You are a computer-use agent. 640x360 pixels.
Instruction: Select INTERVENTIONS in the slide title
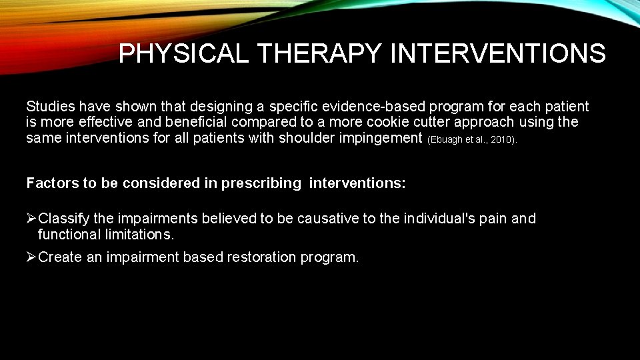(x=498, y=53)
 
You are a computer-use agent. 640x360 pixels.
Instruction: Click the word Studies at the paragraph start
(x=49, y=106)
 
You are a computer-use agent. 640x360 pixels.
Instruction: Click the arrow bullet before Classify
(x=31, y=219)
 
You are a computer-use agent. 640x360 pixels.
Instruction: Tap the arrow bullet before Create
(x=31, y=257)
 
